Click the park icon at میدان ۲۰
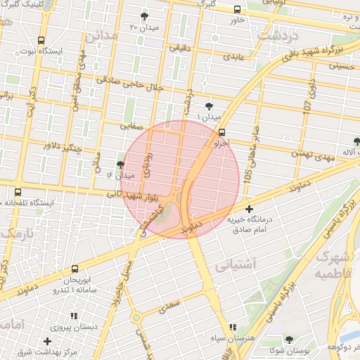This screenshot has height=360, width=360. pos(145,15)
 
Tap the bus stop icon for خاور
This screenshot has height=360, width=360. pos(236,10)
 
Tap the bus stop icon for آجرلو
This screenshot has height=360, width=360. pos(222,131)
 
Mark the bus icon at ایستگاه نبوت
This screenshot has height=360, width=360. pos(41,41)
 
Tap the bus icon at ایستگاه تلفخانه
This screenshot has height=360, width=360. pos(18,192)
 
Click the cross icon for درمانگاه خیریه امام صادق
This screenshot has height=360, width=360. pos(250,209)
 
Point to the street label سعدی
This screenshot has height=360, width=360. pos(169,306)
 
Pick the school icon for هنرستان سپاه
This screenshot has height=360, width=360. pos(233,327)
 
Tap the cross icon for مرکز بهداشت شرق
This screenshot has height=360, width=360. pos(47,341)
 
